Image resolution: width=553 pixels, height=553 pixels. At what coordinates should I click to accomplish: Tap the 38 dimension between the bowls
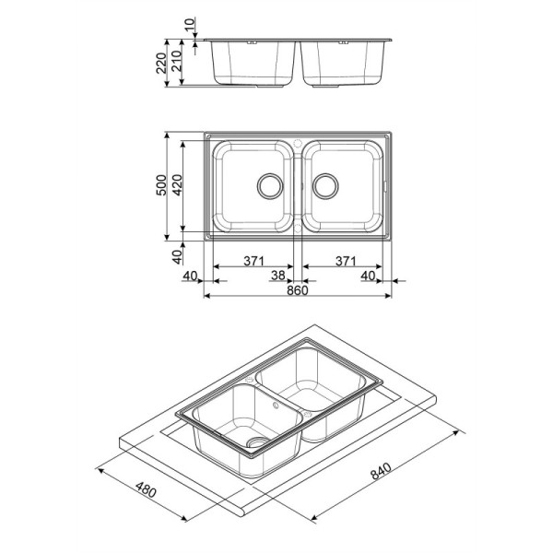point(277,275)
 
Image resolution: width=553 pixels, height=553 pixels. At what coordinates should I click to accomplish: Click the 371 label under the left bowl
point(253,261)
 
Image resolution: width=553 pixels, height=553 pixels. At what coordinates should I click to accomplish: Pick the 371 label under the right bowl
point(343,261)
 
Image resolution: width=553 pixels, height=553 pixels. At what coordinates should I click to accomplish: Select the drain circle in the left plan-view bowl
point(270,183)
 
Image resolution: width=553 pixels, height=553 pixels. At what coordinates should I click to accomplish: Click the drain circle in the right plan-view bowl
point(324,183)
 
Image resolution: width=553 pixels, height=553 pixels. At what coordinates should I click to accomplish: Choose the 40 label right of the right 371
point(369,275)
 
